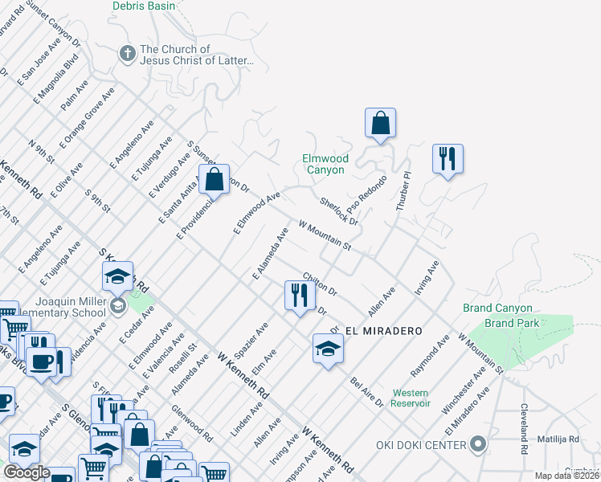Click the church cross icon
point(126,54)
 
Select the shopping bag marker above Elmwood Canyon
point(380,125)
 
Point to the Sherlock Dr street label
point(338,210)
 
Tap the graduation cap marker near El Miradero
point(328,348)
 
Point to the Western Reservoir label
point(411,398)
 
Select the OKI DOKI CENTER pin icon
point(478,444)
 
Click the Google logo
point(26,472)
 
